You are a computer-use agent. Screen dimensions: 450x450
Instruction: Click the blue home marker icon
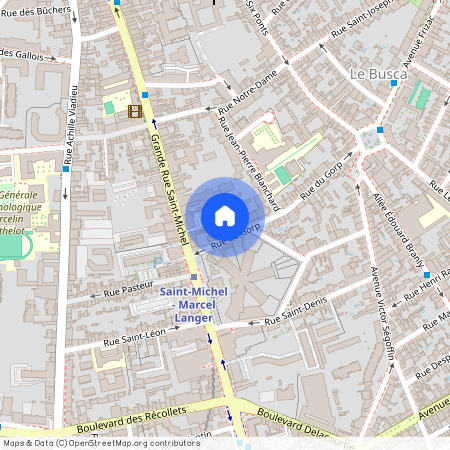tap(224, 216)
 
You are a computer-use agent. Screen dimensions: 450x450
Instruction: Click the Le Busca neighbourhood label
tap(378, 74)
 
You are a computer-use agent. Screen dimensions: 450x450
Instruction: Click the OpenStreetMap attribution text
tap(101, 442)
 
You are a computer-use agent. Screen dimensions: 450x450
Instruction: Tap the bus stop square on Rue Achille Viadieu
tap(65, 168)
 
